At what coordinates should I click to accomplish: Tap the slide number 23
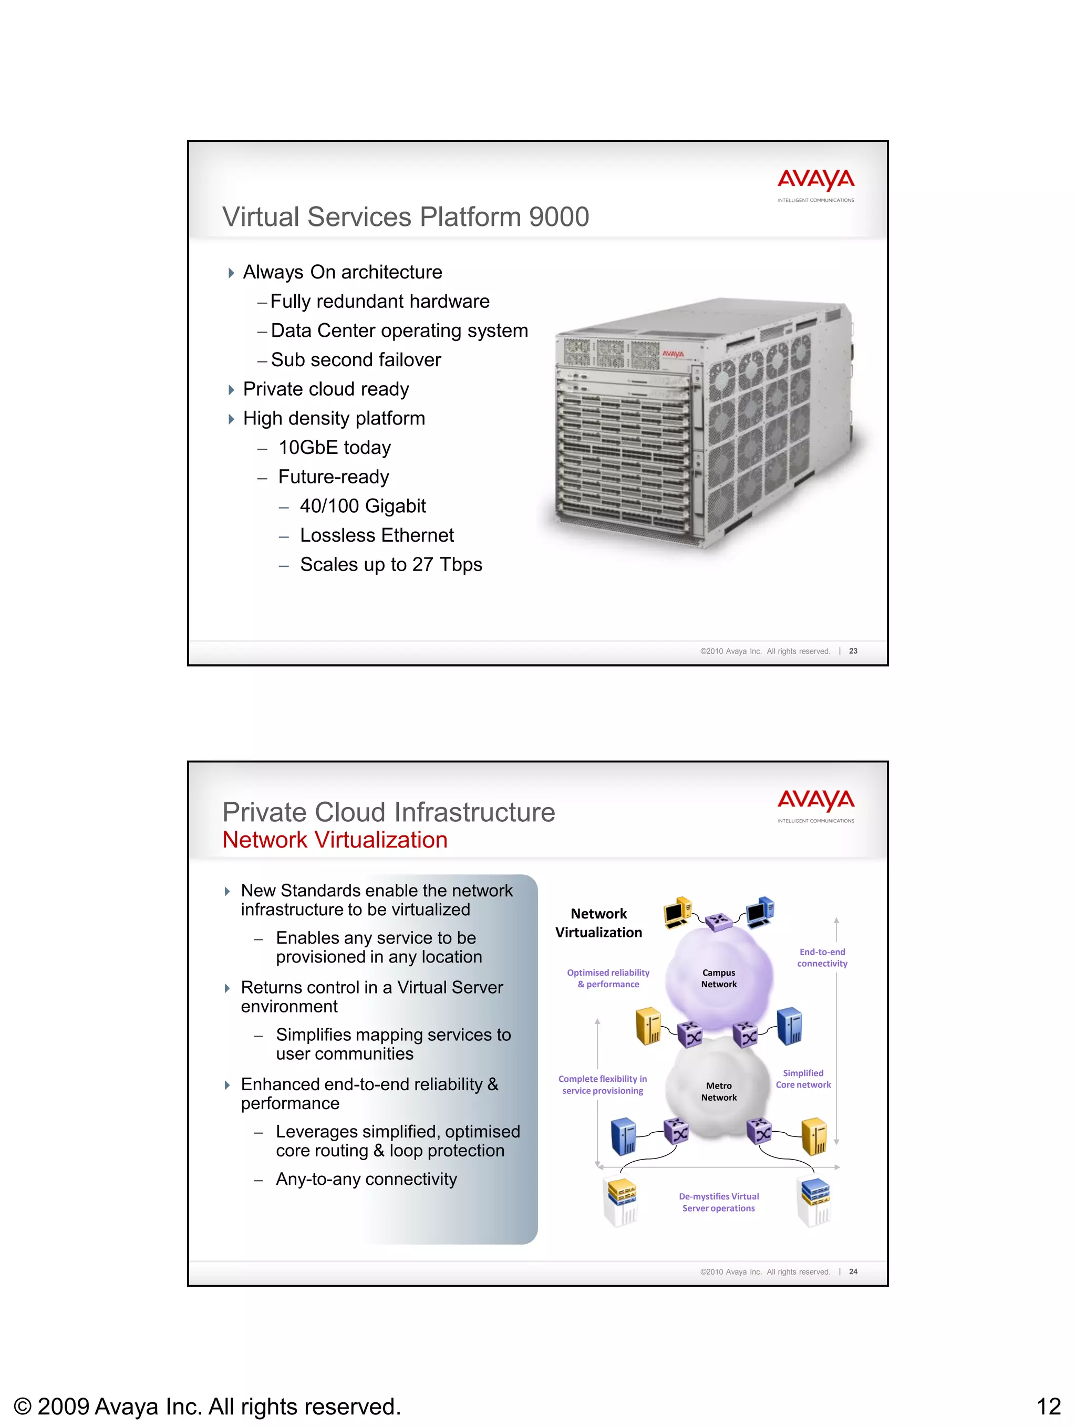click(x=853, y=651)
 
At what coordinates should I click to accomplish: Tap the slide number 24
click(x=853, y=1271)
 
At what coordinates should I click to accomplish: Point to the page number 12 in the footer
click(x=1048, y=1407)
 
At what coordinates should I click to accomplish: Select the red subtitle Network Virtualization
click(x=335, y=840)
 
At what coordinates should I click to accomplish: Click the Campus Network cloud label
click(x=719, y=978)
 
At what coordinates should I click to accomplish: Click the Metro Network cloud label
click(x=719, y=1092)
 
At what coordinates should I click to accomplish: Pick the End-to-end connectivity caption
click(x=822, y=957)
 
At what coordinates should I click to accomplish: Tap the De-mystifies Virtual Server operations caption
click(x=719, y=1202)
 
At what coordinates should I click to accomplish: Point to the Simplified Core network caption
click(x=803, y=1079)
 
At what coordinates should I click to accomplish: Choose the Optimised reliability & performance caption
click(x=608, y=978)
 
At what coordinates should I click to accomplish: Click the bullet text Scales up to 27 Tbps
click(x=391, y=564)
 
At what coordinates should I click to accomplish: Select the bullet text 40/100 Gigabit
click(x=363, y=506)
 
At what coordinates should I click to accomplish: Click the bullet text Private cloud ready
click(x=326, y=389)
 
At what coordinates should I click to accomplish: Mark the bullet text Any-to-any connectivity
click(x=366, y=1180)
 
